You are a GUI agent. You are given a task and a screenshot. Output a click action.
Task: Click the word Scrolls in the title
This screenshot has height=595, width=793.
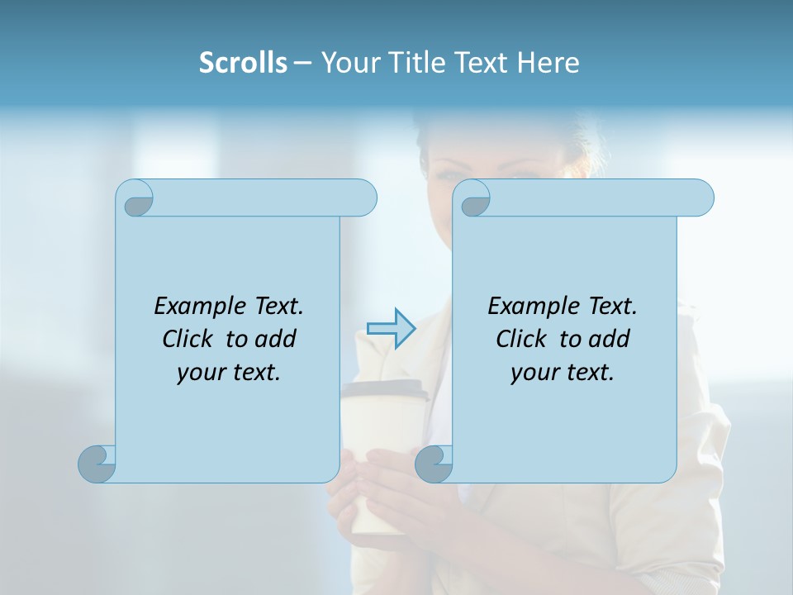point(243,63)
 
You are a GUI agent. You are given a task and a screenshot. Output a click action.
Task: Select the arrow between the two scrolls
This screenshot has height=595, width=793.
point(391,328)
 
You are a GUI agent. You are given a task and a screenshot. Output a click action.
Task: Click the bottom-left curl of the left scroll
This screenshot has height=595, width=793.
point(97,464)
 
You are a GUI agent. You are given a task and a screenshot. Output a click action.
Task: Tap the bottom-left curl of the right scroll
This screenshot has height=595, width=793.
point(433,464)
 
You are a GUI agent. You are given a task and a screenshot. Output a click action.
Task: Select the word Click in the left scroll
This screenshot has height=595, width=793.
point(188,339)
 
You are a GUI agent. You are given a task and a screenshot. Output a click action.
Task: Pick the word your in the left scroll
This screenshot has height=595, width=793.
point(199,373)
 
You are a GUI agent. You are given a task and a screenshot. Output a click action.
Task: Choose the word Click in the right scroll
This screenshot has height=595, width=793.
point(522,339)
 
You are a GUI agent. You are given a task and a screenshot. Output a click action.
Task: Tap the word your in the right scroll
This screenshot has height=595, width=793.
point(533,373)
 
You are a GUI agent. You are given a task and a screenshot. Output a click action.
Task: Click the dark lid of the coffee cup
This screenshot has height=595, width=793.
point(386,390)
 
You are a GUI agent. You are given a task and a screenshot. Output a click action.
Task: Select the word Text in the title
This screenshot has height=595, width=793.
point(484,63)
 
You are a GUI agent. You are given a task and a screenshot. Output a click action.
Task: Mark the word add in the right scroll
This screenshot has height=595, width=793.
point(610,339)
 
